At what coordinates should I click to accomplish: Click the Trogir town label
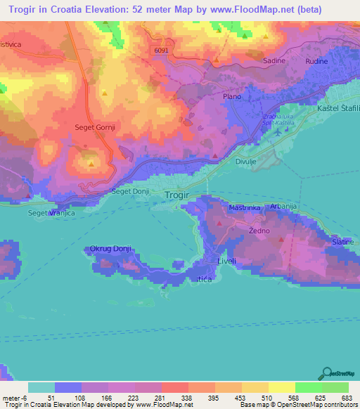coord(180,196)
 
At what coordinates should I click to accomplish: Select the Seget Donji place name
coord(131,191)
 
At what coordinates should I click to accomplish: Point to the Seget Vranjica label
coord(51,213)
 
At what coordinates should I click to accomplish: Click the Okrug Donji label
coord(111,248)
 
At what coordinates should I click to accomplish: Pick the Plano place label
coord(231,96)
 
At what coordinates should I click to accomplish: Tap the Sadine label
coord(274,61)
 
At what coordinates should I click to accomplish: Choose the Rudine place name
coord(318,61)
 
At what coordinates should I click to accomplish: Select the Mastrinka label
coord(245,208)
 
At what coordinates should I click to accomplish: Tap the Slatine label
coord(343,242)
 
